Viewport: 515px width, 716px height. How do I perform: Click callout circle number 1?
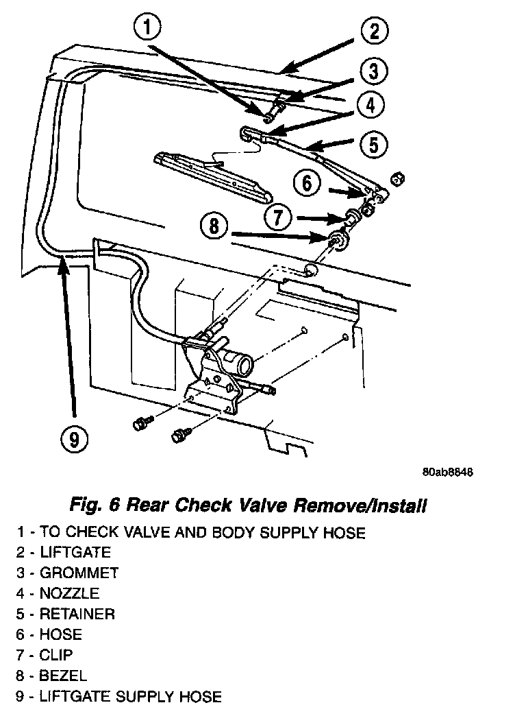147,29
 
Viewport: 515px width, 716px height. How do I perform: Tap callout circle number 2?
373,31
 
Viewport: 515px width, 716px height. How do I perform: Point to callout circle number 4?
369,106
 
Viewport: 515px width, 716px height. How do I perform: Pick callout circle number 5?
373,145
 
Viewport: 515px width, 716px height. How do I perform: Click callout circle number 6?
307,183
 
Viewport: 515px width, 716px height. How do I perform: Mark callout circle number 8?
214,227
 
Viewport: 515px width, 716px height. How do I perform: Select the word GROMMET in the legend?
79,573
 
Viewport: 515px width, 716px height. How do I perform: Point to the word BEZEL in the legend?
64,676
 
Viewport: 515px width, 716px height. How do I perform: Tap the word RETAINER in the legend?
77,614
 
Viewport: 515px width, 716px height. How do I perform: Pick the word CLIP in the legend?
56,655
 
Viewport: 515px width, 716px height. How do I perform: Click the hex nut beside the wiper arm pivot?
395,180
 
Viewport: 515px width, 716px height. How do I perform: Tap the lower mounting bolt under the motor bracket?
181,433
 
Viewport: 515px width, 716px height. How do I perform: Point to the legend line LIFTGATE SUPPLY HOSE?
130,696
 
